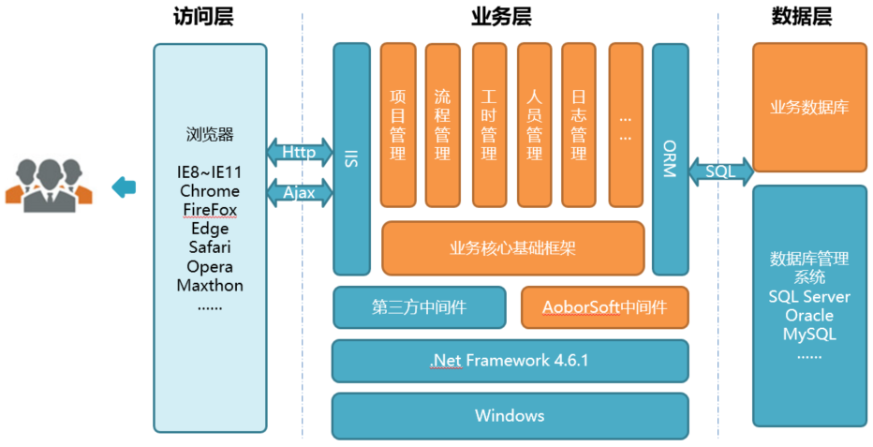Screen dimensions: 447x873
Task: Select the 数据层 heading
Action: click(802, 17)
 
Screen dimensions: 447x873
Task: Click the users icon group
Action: click(49, 183)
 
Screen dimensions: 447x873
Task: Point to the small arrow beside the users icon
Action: click(124, 187)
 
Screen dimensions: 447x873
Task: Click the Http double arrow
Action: click(300, 152)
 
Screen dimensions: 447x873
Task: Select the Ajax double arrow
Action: click(300, 193)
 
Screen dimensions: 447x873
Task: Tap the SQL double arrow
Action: click(721, 171)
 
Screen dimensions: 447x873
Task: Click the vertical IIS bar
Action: click(352, 158)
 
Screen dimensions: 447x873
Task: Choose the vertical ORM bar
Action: click(671, 158)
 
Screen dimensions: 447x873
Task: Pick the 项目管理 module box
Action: click(398, 125)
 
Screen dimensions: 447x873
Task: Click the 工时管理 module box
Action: click(489, 125)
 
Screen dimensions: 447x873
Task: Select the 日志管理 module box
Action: click(579, 125)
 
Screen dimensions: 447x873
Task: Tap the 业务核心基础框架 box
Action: click(512, 248)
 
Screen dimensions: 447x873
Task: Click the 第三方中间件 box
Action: click(421, 306)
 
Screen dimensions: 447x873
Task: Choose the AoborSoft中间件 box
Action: click(604, 306)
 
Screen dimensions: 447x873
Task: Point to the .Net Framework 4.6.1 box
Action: click(510, 361)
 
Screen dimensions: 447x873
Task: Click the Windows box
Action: click(510, 415)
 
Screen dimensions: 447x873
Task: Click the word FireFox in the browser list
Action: click(210, 209)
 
